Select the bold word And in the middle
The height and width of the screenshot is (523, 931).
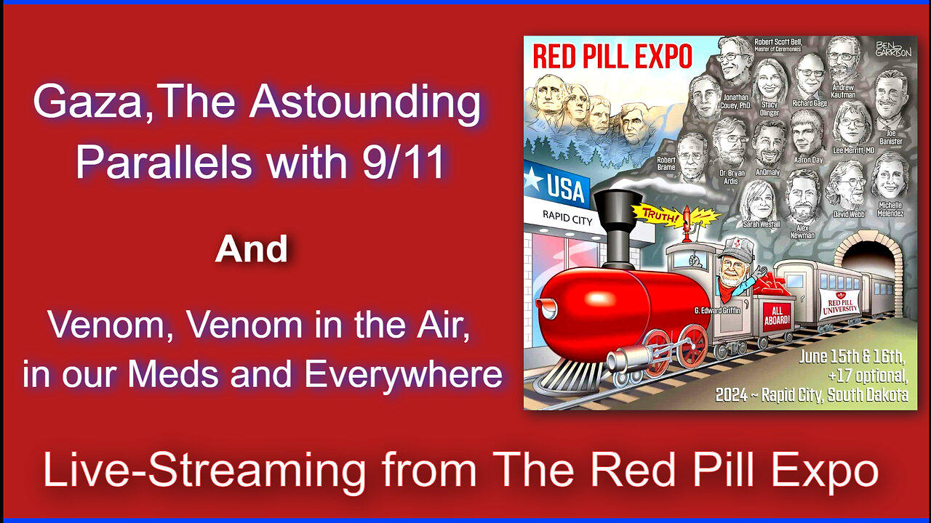tap(251, 251)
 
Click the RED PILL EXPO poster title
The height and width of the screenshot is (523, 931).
tap(612, 56)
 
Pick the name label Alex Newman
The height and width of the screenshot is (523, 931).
tap(804, 232)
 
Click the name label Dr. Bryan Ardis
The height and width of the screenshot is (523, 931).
tap(731, 178)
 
